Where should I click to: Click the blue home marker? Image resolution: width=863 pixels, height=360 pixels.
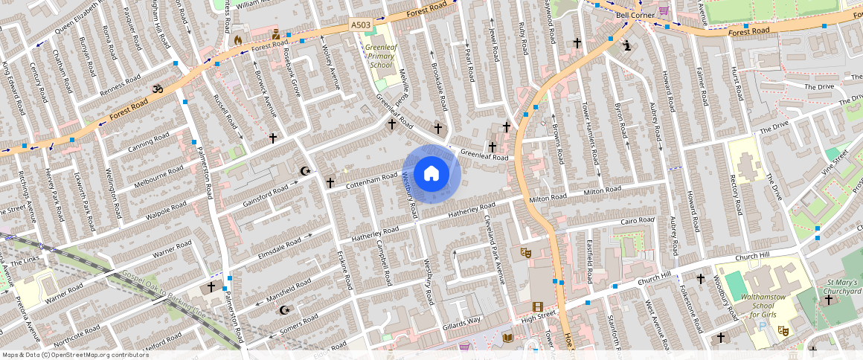point(431,174)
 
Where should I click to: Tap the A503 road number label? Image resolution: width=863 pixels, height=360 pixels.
point(361,25)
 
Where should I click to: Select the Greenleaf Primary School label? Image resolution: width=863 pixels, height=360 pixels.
point(380,56)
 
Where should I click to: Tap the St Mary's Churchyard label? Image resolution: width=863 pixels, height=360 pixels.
point(844,287)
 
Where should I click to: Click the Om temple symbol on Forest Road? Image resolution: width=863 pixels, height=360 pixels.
point(157,89)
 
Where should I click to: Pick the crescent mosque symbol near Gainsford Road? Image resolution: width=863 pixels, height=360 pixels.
point(304,171)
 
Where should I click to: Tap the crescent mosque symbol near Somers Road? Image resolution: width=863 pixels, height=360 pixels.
point(283,309)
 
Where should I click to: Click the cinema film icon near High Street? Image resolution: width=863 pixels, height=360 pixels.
point(537,306)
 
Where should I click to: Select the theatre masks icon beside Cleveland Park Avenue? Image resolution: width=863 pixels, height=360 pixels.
point(525,252)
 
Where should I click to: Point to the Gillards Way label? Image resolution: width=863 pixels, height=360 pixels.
point(461,321)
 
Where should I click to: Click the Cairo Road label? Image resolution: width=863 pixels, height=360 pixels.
point(637,221)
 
